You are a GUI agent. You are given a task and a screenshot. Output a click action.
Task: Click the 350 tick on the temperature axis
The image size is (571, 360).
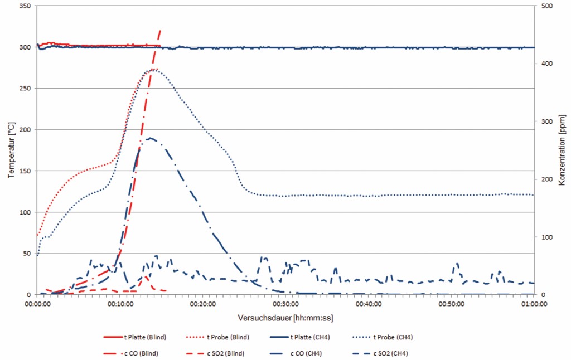click(25, 6)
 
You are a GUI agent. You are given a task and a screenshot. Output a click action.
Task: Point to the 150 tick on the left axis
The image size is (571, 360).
click(25, 171)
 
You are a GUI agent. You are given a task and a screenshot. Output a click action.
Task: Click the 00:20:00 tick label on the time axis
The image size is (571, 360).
click(202, 304)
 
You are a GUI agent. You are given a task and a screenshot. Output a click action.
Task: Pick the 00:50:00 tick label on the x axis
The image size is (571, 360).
click(451, 304)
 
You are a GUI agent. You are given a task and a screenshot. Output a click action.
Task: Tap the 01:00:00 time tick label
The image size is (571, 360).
click(534, 304)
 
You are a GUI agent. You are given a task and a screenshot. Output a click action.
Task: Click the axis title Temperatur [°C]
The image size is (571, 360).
click(11, 150)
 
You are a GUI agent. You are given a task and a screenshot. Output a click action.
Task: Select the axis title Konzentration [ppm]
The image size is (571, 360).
click(562, 150)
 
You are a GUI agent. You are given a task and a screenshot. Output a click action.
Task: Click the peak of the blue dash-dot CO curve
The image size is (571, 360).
click(149, 138)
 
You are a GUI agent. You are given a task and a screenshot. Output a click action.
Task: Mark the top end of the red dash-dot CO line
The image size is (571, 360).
click(161, 30)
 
